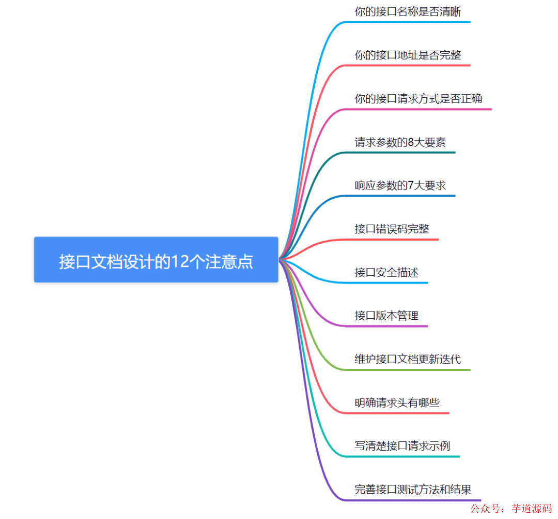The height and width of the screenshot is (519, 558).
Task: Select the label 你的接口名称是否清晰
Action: pyautogui.click(x=408, y=11)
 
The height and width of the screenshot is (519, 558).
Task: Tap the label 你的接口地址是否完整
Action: pyautogui.click(x=408, y=55)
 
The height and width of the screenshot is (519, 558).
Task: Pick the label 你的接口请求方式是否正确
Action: pyautogui.click(x=419, y=98)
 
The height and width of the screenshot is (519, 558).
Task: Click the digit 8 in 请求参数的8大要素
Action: pyautogui.click(x=411, y=142)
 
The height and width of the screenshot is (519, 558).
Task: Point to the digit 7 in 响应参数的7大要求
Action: pyautogui.click(x=411, y=185)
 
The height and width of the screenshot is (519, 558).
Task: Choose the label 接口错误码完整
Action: pyautogui.click(x=392, y=229)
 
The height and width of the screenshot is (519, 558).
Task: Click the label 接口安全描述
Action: pyautogui.click(x=386, y=272)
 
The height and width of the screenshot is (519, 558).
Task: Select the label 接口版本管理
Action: pyautogui.click(x=386, y=316)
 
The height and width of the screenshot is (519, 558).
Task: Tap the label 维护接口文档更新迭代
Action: pyautogui.click(x=408, y=359)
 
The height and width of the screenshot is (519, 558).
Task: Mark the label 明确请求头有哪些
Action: pyautogui.click(x=397, y=403)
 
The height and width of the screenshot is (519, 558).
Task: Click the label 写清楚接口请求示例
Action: pyautogui.click(x=402, y=446)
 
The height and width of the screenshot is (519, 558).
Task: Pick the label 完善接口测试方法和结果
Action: pyautogui.click(x=413, y=489)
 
